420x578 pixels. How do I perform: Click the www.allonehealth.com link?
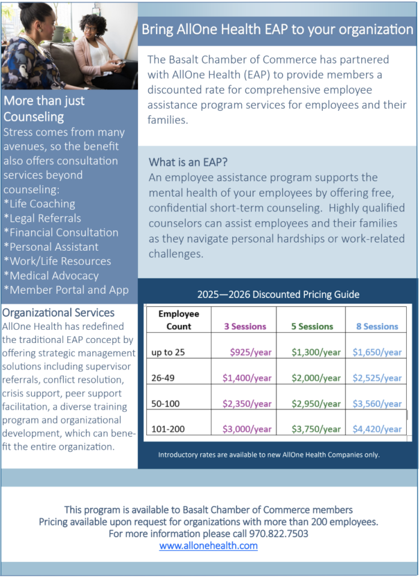pos(208,546)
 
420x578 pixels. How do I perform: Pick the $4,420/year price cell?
pos(377,429)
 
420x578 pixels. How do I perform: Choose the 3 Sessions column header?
pos(245,327)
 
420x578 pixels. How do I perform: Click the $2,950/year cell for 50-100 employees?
pos(316,404)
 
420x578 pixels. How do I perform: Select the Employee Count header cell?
pos(178,320)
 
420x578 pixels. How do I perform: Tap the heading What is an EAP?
pos(188,162)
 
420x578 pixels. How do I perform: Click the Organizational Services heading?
pos(59,312)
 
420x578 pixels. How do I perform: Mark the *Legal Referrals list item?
pos(42,218)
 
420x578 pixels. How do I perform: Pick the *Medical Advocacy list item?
pos(51,276)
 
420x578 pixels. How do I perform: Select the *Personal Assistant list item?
pos(51,247)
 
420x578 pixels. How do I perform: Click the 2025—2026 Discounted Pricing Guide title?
pos(278,294)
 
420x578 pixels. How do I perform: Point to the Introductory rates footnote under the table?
pos(269,454)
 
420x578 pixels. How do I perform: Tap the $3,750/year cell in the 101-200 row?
pos(316,429)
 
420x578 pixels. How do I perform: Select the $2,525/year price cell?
pos(377,378)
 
